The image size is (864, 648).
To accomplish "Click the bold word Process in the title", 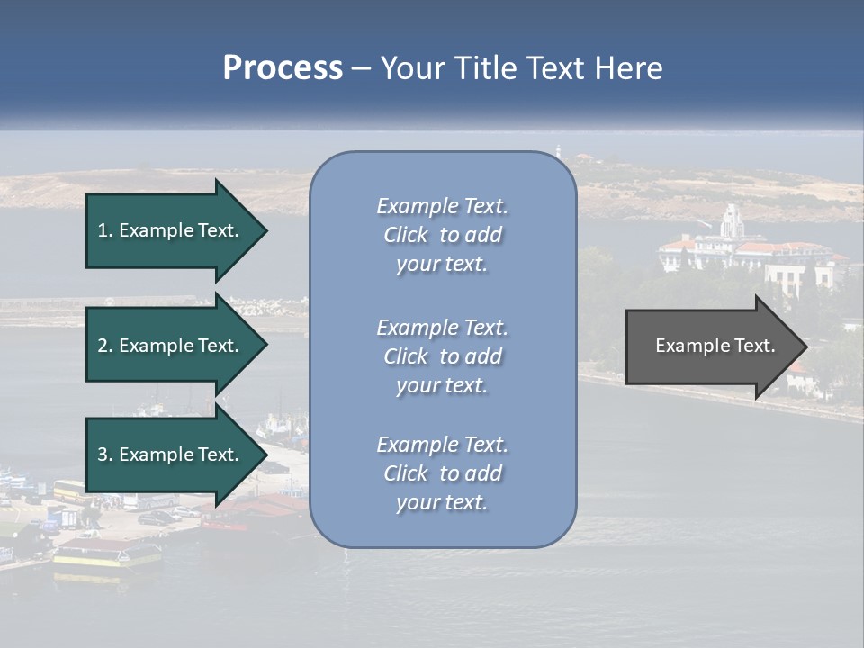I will [283, 68].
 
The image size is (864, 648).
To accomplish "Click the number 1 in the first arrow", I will [103, 230].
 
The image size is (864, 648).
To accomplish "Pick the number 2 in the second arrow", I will [103, 346].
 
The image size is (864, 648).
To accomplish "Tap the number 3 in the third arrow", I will [103, 454].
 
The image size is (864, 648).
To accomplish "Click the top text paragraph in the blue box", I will [442, 235].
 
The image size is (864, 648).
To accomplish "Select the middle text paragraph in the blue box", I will [442, 356].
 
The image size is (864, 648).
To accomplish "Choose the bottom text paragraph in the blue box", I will [442, 473].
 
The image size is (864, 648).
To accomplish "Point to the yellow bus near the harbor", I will [69, 490].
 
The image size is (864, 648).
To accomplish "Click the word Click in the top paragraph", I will [406, 235].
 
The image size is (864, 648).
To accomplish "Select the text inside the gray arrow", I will [715, 346].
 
